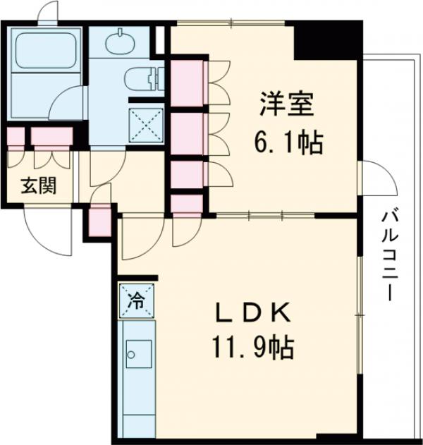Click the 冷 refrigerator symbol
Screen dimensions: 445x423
[133, 300]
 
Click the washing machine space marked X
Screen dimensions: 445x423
[145, 126]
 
